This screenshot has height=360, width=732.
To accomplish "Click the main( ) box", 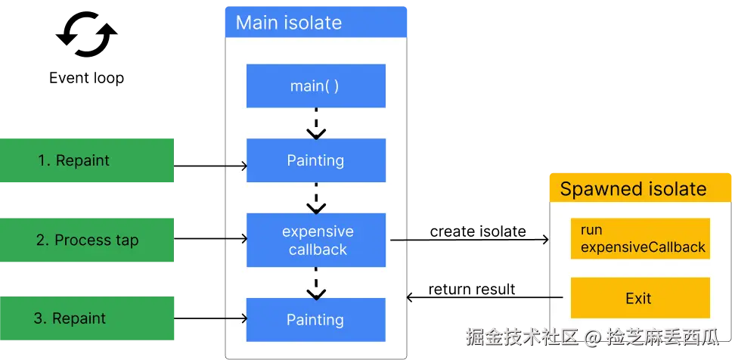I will (x=315, y=86).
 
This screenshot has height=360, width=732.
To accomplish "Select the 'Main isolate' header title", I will (x=289, y=23).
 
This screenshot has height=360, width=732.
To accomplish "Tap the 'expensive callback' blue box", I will (x=318, y=240).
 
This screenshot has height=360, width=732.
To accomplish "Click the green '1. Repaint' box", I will (x=87, y=160).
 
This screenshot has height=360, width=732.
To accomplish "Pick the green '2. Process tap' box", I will (x=87, y=241).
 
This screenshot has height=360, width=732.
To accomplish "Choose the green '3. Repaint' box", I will (x=87, y=318).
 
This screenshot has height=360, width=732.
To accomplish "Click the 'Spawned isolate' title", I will (x=633, y=189).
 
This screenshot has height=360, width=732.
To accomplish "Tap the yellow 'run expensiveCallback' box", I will (x=640, y=238).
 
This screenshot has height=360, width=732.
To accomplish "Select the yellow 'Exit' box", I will (x=639, y=298).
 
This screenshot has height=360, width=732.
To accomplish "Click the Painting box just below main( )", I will (x=315, y=160).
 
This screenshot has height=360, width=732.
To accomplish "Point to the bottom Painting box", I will (x=315, y=320).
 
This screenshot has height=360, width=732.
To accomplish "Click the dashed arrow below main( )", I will (x=316, y=123).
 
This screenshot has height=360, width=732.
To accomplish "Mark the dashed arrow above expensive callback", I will (x=316, y=198).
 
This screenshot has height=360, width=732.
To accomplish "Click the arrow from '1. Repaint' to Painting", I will (x=212, y=166).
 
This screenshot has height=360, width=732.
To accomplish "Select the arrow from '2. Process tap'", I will (x=212, y=239).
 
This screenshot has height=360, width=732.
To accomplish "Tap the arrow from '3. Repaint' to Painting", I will (x=212, y=319).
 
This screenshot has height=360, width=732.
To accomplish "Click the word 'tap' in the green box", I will (x=127, y=241).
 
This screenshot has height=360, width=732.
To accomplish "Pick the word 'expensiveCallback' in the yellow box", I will (x=643, y=247).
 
